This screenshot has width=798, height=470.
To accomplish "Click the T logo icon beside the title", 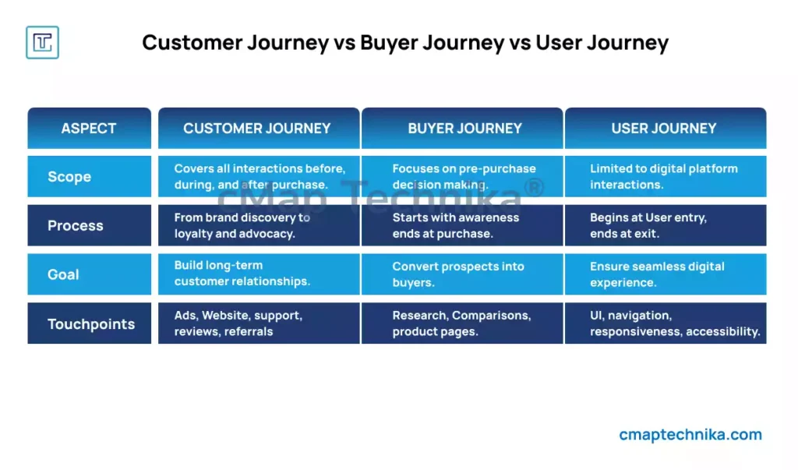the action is coord(42,42).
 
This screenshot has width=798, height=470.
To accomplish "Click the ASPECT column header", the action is coord(89,129).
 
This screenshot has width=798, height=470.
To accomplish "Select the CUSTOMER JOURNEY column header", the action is coord(259,129).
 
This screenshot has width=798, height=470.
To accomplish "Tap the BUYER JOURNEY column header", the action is coord(462,129).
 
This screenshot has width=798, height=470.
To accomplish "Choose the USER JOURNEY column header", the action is coord(666,129).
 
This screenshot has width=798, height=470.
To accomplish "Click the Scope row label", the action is coord(89,176).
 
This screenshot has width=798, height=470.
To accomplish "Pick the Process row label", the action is coord(89,225).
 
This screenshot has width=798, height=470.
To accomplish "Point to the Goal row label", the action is coord(89,274).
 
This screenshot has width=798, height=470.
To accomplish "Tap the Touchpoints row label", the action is coord(89,323).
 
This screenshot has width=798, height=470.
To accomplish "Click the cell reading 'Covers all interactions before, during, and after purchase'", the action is coord(259,176).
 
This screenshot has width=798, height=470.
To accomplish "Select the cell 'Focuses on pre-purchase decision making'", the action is coord(462,176).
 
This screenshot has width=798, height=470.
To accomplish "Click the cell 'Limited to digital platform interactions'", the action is coord(666,176).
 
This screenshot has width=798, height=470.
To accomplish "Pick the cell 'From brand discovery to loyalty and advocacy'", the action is coord(259,225).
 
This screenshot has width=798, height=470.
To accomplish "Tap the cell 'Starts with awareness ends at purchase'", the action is coord(462,225).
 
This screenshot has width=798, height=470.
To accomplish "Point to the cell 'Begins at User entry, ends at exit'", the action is coord(666,225).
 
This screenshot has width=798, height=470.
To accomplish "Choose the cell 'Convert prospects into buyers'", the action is coord(462,274).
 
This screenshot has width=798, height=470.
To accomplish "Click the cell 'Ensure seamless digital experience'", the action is coord(666,274).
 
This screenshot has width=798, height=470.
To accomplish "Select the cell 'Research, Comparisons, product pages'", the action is coord(462,323).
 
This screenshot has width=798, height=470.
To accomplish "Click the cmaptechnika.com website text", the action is coord(690,434).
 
